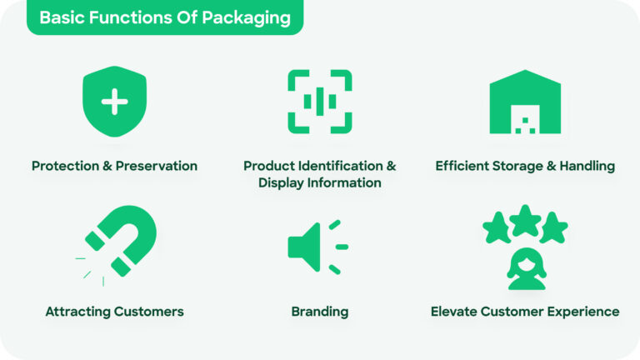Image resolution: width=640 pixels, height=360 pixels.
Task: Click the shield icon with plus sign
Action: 114,102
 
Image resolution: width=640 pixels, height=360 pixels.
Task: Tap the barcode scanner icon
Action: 320,102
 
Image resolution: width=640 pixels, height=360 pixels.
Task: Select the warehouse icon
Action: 525,102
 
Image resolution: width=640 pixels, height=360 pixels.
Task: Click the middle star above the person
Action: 525,220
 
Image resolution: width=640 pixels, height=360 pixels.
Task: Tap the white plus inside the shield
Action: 114,102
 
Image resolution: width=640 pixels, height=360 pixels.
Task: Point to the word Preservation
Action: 157,166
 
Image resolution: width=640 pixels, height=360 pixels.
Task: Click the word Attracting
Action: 79,312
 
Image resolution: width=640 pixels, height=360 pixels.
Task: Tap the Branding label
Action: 320,312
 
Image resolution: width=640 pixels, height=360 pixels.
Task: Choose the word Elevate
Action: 455,312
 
